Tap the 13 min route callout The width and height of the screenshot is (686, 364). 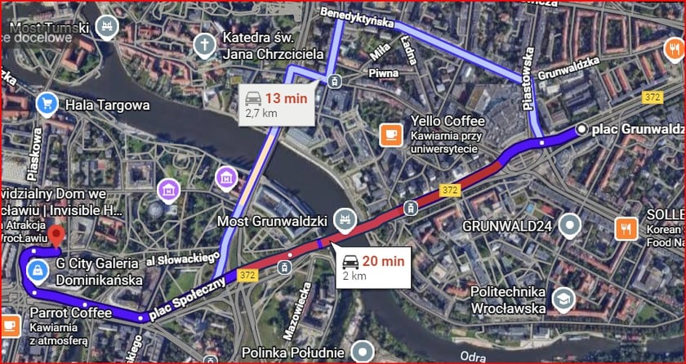click(x=277, y=105)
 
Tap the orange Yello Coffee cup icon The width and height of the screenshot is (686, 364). click(x=391, y=133)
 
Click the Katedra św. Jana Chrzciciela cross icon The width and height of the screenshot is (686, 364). click(x=203, y=44)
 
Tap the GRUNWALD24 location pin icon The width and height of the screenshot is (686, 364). click(x=573, y=223)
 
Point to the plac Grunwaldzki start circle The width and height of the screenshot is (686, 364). click(x=581, y=129)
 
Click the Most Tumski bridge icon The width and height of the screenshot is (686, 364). click(x=105, y=26)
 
